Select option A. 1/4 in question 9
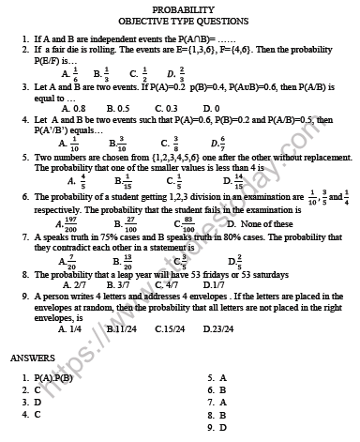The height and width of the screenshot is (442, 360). [x=70, y=328]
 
